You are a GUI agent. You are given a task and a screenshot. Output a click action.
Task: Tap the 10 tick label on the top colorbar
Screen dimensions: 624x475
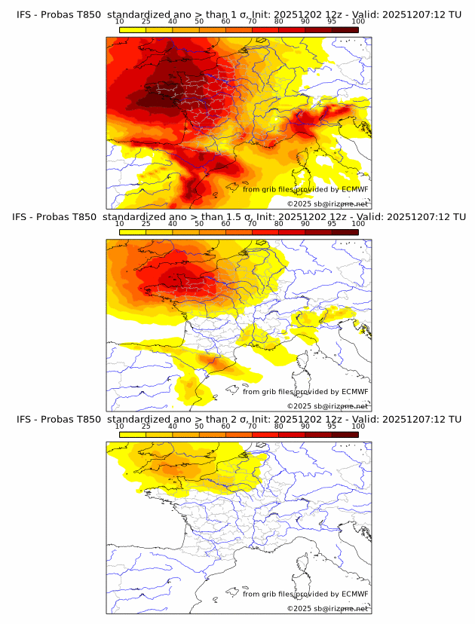pos(119,22)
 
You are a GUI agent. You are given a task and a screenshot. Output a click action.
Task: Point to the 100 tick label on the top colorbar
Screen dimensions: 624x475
pos(358,22)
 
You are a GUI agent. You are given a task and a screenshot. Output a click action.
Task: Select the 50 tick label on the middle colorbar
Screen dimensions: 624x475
pos(199,224)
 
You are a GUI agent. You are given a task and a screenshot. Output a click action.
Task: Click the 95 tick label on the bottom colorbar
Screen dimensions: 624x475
pos(332,427)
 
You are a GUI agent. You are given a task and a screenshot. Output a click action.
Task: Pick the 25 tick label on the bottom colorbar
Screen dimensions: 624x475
pos(146,427)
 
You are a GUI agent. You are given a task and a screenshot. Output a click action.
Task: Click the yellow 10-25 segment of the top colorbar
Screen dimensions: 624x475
pos(133,29)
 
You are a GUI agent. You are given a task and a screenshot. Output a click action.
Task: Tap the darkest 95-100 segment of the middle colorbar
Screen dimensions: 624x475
pos(345,232)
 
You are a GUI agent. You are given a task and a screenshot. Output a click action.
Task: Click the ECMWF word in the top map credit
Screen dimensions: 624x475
pos(354,189)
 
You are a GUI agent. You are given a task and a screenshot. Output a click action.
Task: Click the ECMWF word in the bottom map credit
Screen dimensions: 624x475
pos(354,594)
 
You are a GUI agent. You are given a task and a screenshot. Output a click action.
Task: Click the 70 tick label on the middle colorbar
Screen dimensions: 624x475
pos(252,224)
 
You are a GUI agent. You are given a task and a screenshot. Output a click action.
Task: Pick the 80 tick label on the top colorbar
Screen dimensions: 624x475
pos(278,22)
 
